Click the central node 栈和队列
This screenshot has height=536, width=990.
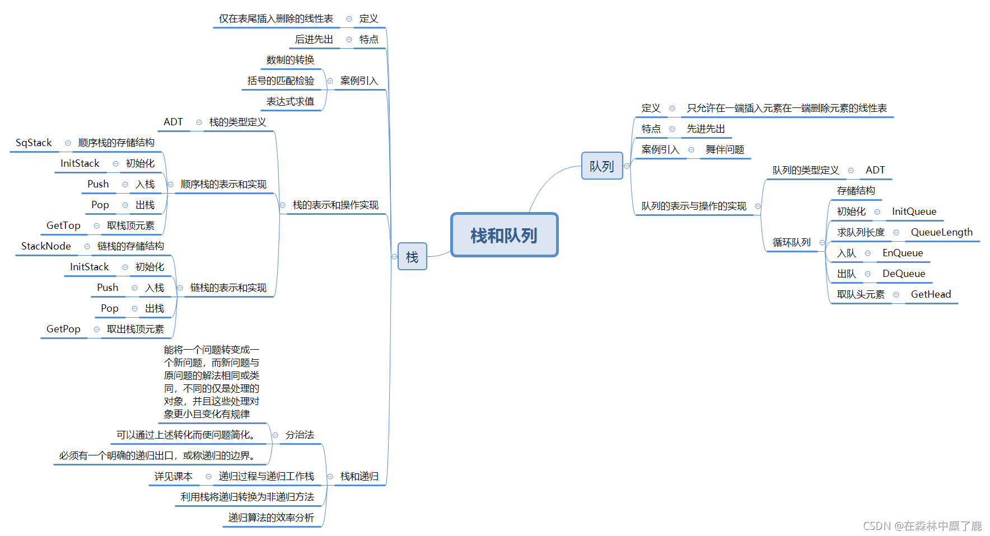[504, 235]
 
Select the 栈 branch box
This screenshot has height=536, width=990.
[412, 257]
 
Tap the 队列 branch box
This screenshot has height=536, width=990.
[602, 166]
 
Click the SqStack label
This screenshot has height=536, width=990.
[34, 143]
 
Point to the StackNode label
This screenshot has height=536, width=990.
[46, 246]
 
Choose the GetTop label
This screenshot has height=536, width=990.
[63, 225]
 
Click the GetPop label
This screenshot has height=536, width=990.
[63, 329]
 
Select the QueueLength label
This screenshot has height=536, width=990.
[941, 232]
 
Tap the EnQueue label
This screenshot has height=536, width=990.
[903, 253]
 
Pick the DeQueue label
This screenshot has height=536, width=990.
[904, 274]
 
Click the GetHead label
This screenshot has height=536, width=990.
[931, 294]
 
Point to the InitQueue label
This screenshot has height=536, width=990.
[914, 211]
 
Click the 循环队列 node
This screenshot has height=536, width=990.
[791, 242]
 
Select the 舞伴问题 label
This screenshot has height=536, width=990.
[725, 149]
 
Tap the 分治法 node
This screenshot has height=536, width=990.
[300, 435]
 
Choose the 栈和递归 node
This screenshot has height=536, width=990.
[359, 476]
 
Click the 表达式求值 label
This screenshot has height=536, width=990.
[290, 101]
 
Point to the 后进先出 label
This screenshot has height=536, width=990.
[314, 39]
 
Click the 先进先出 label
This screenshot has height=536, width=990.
[706, 129]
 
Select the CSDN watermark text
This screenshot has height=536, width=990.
[922, 526]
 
